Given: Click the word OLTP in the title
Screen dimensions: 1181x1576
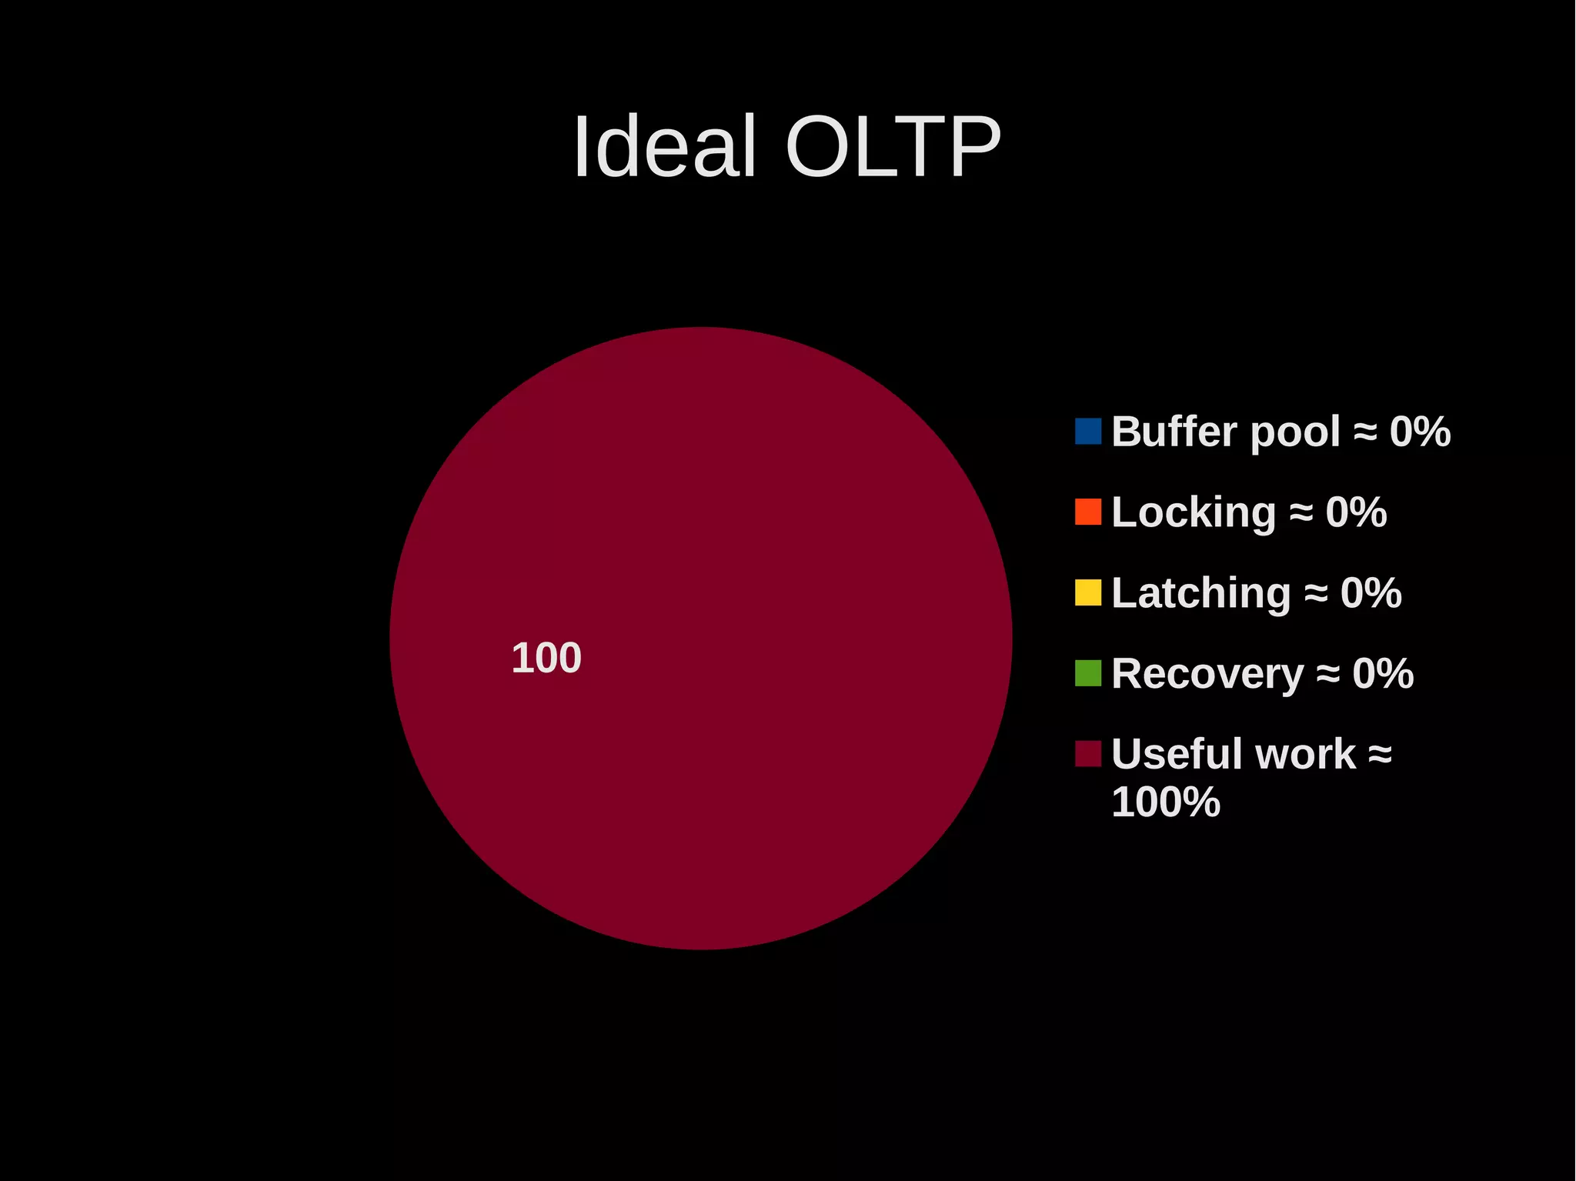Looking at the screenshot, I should tap(893, 147).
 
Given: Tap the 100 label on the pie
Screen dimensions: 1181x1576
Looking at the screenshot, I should tap(546, 659).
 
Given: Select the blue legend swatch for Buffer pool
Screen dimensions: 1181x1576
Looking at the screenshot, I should tap(1087, 431).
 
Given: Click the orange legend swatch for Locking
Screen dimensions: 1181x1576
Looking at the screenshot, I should tap(1087, 512).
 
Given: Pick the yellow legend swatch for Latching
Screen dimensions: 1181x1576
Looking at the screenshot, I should tap(1087, 592).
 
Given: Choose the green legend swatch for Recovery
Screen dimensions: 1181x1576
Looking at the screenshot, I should tap(1087, 673).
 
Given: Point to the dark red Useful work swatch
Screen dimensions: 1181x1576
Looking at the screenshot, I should tap(1087, 753).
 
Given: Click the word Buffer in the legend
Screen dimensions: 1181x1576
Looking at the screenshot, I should tap(1176, 432).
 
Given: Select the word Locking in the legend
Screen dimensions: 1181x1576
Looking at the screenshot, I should tap(1194, 513).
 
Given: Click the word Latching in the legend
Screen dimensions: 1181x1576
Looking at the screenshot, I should tap(1200, 594).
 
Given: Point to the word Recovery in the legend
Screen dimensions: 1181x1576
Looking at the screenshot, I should tap(1207, 675).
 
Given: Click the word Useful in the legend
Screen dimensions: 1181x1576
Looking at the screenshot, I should tap(1177, 754).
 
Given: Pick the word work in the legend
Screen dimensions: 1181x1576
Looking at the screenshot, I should tap(1305, 754).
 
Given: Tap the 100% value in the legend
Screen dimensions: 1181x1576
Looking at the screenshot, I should tap(1166, 802).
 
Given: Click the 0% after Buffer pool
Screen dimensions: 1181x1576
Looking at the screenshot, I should tap(1420, 432).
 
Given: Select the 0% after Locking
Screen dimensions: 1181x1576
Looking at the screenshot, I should tap(1356, 512).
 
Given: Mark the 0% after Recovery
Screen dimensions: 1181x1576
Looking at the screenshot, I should tap(1383, 674).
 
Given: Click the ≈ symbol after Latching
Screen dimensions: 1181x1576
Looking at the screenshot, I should tap(1316, 593).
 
